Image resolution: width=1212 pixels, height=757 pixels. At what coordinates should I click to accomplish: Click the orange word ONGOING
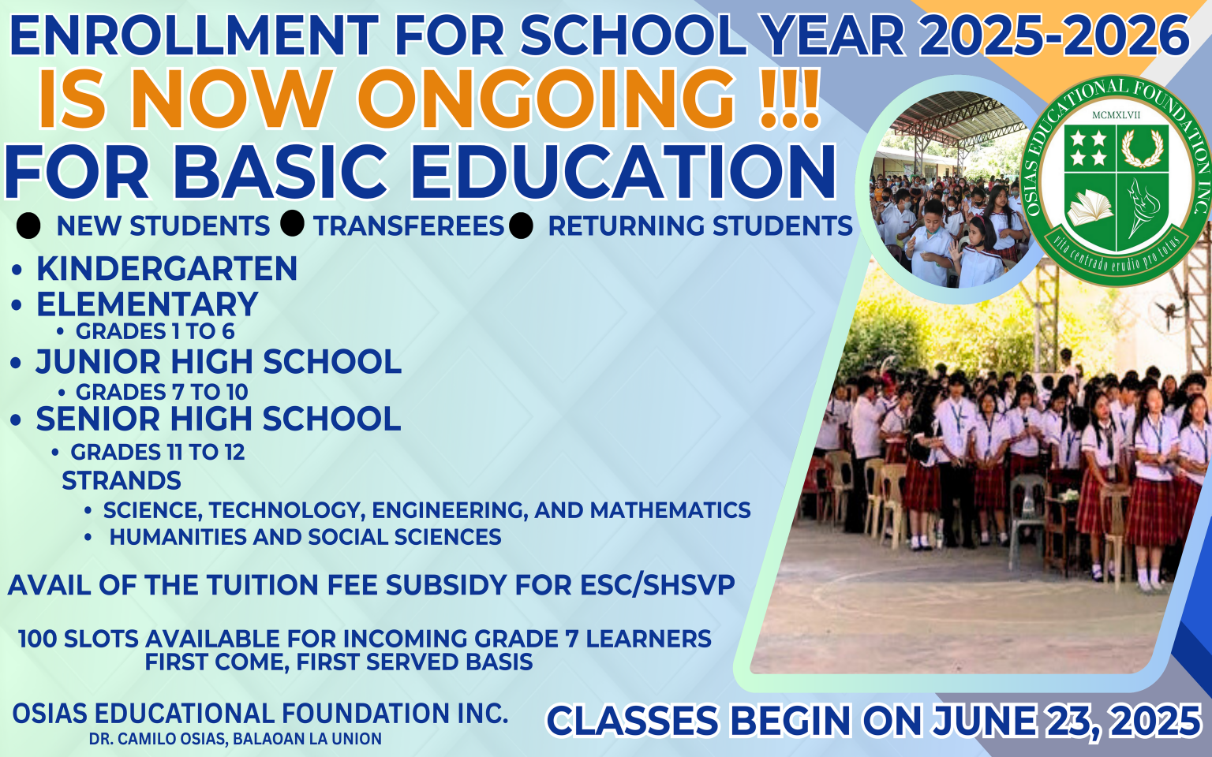(546, 99)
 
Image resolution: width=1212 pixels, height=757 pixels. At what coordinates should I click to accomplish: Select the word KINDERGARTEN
(166, 268)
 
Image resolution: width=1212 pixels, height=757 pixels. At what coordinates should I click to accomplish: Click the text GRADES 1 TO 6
(155, 331)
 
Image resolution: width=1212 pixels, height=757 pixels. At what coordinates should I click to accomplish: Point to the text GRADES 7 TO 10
(162, 392)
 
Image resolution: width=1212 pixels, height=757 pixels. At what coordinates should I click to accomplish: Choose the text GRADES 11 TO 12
(158, 452)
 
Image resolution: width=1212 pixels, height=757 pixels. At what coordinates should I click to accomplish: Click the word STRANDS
(122, 481)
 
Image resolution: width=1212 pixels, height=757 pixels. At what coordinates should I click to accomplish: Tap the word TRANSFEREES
(409, 226)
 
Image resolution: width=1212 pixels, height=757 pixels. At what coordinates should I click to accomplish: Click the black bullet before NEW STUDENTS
(28, 226)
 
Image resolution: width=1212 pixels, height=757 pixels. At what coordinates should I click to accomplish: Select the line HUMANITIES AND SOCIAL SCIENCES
(305, 537)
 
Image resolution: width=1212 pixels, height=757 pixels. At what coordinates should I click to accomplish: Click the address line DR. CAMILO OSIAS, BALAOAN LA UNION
(235, 739)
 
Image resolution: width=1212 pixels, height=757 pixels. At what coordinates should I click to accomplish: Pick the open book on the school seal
(1090, 208)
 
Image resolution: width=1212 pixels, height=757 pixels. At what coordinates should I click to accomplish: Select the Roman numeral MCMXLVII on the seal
(1116, 115)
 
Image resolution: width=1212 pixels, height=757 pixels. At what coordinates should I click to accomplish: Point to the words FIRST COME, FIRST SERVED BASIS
(339, 662)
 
